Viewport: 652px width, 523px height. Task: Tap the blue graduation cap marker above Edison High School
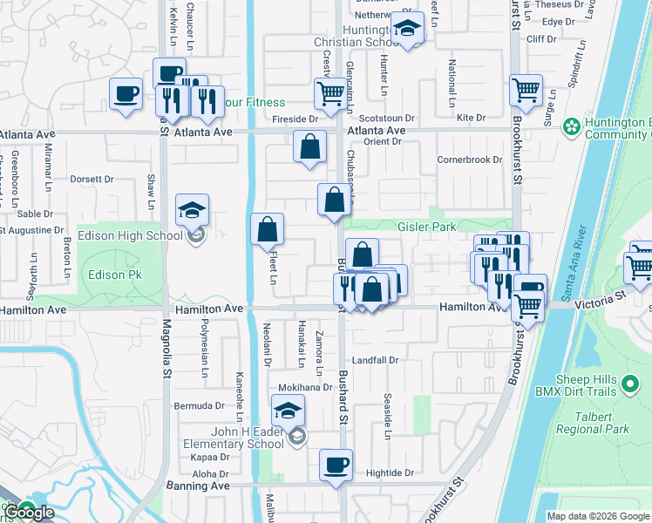[193, 211]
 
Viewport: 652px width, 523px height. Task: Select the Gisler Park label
[426, 227]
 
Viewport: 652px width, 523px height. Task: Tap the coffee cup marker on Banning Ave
[336, 465]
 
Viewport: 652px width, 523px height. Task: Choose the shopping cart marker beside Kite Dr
[526, 90]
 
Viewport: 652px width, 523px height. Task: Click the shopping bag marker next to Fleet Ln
[268, 231]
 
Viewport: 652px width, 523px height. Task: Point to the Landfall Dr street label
[375, 360]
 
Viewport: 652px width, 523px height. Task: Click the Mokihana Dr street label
[306, 387]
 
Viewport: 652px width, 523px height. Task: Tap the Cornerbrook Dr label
[470, 160]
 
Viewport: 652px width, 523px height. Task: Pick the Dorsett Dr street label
[92, 180]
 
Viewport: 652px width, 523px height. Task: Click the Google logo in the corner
[29, 513]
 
